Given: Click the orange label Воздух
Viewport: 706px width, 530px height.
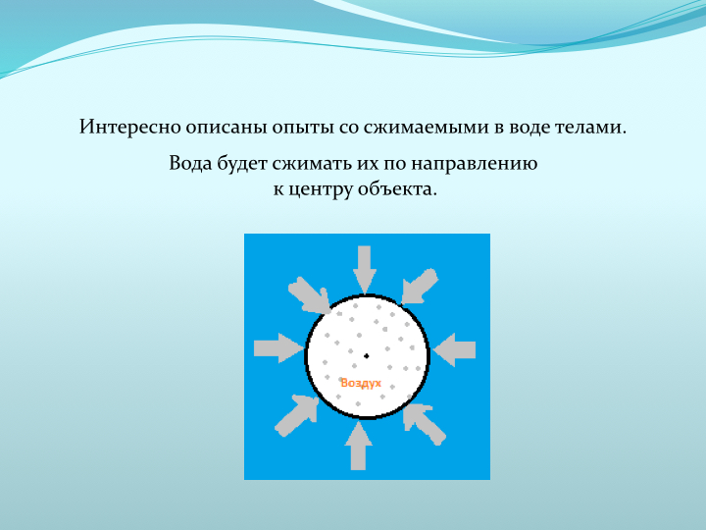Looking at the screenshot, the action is pyautogui.click(x=361, y=383).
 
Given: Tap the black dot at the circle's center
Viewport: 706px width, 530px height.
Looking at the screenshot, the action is pyautogui.click(x=366, y=356).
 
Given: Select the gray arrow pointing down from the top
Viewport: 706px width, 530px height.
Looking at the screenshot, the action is pyautogui.click(x=364, y=270).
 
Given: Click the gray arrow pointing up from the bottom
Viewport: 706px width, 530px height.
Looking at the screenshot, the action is pyautogui.click(x=359, y=446).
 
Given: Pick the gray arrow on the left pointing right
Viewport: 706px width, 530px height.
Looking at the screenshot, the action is pyautogui.click(x=278, y=348).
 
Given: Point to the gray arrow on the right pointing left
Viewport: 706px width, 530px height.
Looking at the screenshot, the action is pyautogui.click(x=454, y=349).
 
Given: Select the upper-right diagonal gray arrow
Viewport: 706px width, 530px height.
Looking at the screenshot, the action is pyautogui.click(x=419, y=287).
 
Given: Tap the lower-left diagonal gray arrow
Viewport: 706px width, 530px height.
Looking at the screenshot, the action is pyautogui.click(x=297, y=415).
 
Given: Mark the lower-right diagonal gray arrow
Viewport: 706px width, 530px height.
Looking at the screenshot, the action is pyautogui.click(x=424, y=424).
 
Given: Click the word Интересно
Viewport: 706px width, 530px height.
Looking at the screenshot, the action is pyautogui.click(x=130, y=127).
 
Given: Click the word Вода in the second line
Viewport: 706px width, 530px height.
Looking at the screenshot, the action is pyautogui.click(x=190, y=163).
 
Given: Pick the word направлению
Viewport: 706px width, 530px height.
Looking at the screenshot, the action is pyautogui.click(x=474, y=165).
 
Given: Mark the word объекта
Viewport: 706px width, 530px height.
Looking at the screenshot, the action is pyautogui.click(x=397, y=188).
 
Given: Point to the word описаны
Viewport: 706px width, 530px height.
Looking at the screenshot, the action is pyautogui.click(x=227, y=127).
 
